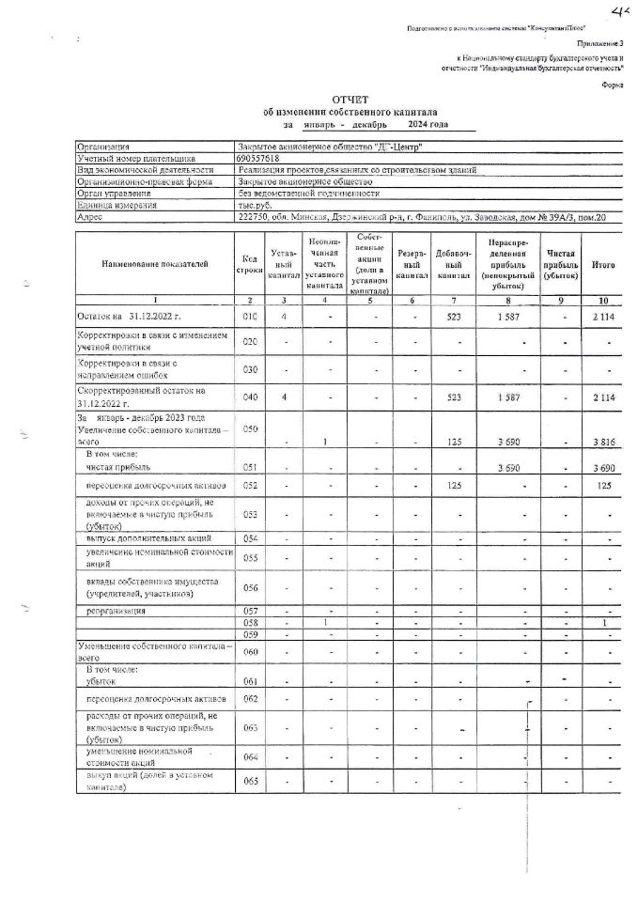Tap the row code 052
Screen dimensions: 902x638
pyautogui.click(x=249, y=485)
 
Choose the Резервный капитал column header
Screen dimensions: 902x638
pyautogui.click(x=411, y=266)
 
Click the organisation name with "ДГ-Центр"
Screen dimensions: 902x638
pyautogui.click(x=329, y=148)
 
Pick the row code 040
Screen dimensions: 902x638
pyautogui.click(x=249, y=397)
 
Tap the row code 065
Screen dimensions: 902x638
pyautogui.click(x=249, y=781)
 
